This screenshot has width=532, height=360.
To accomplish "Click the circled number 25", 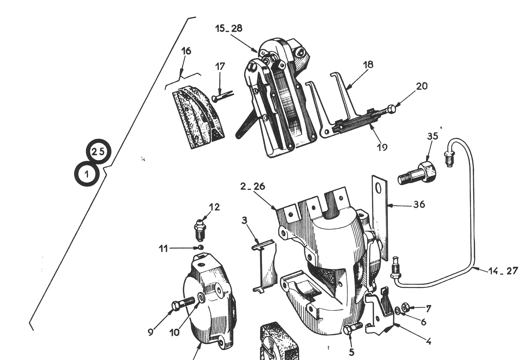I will pos(98,151).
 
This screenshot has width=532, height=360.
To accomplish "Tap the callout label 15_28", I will pos(229,29).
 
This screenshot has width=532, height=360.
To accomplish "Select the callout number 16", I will pos(186,51).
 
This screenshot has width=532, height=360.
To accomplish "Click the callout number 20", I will pos(422,86).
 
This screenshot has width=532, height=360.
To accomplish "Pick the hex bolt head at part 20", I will pos(391,109).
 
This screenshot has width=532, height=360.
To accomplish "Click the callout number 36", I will pos(419,204).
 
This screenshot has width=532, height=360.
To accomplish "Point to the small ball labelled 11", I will pos(200,247).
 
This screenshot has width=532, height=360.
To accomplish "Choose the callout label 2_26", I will pos(253,187).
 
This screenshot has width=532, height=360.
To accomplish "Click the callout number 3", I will pos(245,220).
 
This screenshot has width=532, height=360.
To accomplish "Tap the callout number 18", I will pos(368,64).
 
